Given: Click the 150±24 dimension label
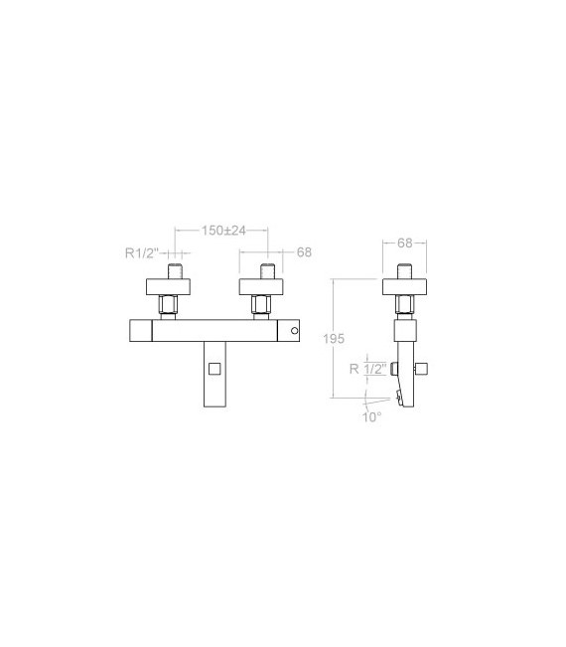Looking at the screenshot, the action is point(223,231).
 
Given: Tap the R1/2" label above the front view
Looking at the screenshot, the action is point(142,252).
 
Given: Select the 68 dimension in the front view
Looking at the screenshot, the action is point(304,252).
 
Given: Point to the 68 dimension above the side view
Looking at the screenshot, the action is point(405,243).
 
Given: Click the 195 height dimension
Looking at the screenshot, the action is point(334,339).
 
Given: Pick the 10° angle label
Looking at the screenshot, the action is point(371,417).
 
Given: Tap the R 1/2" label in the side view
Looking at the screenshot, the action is point(368,369).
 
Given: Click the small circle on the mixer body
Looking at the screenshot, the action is point(294,331).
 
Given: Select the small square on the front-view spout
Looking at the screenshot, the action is point(214,369).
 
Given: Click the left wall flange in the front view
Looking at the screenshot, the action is point(168,287).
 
